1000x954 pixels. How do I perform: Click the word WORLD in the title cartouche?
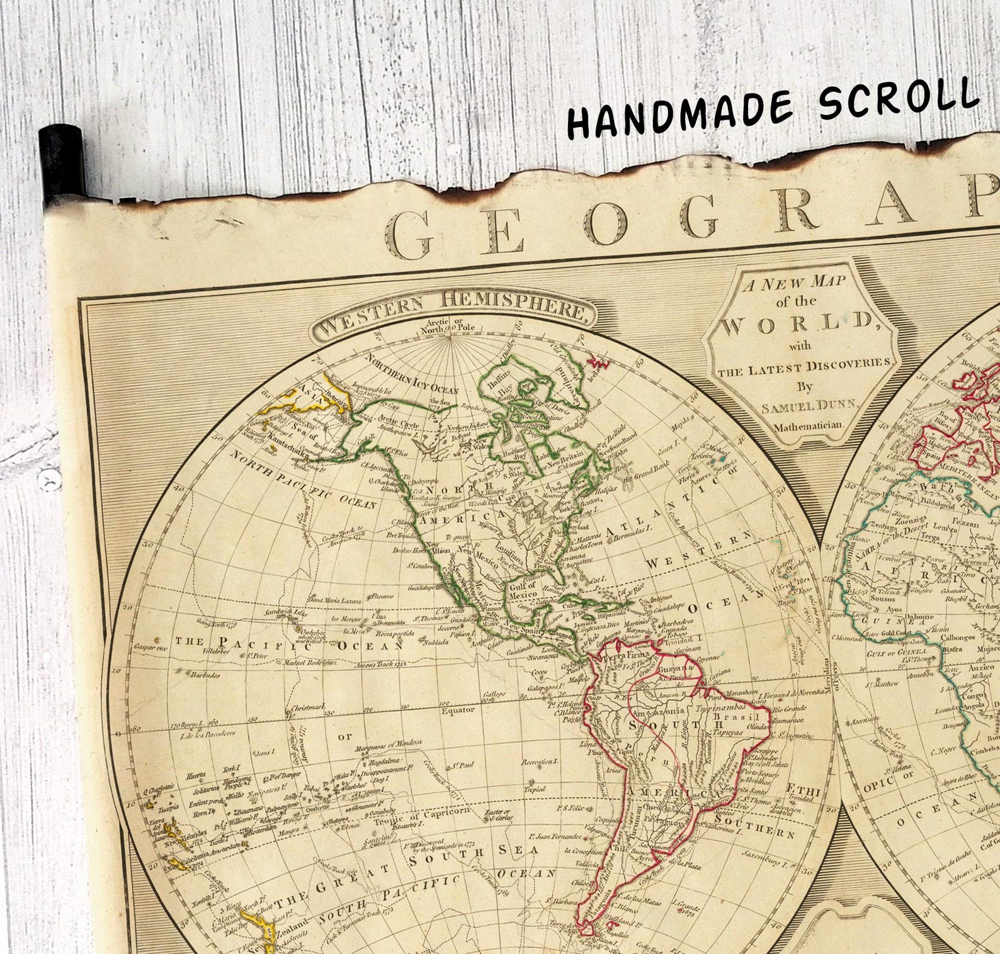pyautogui.click(x=797, y=325)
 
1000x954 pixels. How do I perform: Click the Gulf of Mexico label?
pyautogui.click(x=523, y=590)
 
